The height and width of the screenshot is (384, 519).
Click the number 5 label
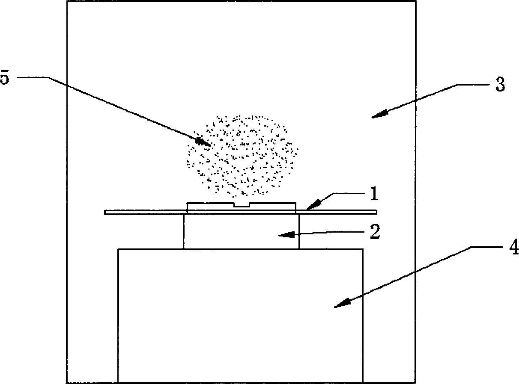coord(5,77)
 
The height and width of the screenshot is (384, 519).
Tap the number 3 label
coord(500,84)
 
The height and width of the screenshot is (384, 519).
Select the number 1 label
coord(374,193)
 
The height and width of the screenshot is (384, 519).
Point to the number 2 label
coord(375,231)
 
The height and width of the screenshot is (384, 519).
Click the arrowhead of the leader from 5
coord(203,142)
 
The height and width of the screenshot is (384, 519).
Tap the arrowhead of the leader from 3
coord(379,114)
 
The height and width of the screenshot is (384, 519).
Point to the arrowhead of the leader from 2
coord(286,235)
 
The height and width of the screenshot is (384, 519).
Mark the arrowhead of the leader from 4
coord(342,303)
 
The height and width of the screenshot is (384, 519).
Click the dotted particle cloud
coord(242,155)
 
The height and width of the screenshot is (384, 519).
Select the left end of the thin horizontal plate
coord(105,212)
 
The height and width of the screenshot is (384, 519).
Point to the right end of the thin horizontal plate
coord(376,212)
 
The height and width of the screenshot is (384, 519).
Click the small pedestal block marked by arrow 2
coord(241,231)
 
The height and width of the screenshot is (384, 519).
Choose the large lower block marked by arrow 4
coord(241,316)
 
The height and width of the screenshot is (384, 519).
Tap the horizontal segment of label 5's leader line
coord(33,77)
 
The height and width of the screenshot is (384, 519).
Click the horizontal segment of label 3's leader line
coord(472,84)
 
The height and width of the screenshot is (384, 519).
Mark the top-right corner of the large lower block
coord(363,249)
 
